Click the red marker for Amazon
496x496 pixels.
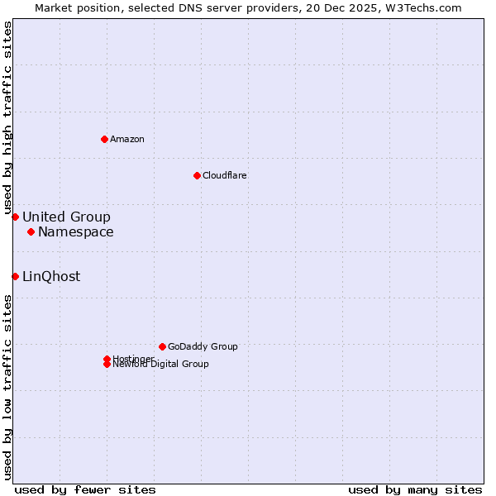pos(104,139)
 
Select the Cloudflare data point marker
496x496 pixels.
pos(197,175)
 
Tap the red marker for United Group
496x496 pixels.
pos(15,217)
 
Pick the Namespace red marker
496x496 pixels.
pos(31,231)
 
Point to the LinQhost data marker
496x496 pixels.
pos(15,276)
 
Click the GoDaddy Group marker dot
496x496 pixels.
pos(162,346)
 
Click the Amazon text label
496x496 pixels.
pos(127,139)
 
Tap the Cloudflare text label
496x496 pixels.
pos(225,175)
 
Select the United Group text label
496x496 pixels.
pos(66,217)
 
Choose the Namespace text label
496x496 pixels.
pos(76,231)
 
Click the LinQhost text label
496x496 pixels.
pos(51,276)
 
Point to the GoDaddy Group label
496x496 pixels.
pos(203,346)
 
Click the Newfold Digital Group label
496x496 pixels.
pos(161,365)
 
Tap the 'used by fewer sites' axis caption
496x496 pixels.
pos(85,489)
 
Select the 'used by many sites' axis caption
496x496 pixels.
pos(415,489)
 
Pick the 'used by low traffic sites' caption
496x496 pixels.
pos(7,386)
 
